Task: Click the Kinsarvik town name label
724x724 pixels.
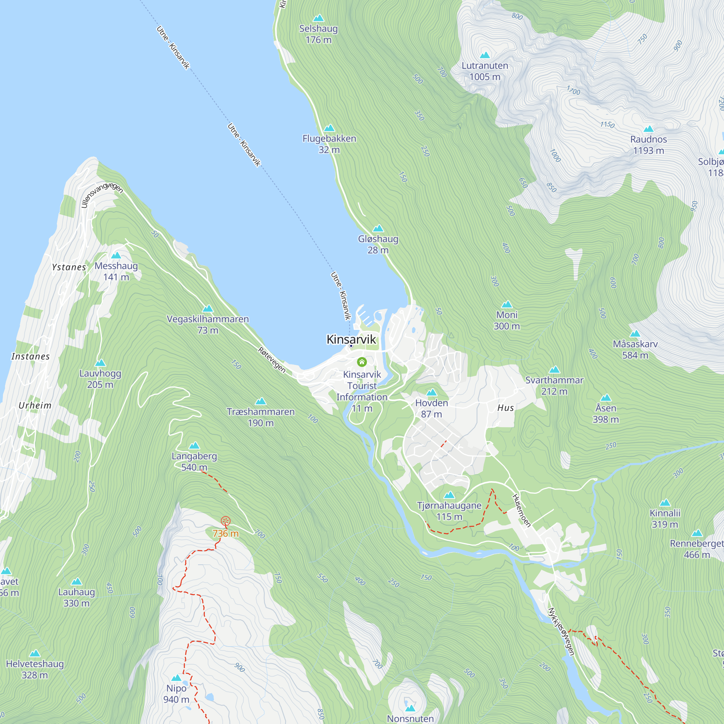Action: [x=351, y=339]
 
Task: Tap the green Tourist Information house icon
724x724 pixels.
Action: [x=362, y=362]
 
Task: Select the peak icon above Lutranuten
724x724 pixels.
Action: [x=485, y=55]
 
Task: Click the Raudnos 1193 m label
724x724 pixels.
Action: [x=648, y=145]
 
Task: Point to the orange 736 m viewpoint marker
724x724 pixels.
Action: [x=225, y=521]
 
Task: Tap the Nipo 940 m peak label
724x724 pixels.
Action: [x=176, y=694]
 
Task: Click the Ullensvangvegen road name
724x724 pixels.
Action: [x=102, y=194]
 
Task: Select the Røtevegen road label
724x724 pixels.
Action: [x=272, y=360]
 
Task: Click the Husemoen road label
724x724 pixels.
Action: [x=521, y=510]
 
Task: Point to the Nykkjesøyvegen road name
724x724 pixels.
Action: [x=561, y=632]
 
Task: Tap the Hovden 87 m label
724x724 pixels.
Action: [x=432, y=408]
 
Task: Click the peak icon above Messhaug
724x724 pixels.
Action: [x=116, y=256]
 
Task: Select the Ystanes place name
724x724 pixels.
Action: [x=68, y=267]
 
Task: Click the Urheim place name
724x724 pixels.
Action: [x=35, y=405]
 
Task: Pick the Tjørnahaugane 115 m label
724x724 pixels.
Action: [x=449, y=511]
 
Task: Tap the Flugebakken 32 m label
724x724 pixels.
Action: [x=329, y=144]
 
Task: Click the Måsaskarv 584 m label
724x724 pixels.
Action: [x=635, y=349]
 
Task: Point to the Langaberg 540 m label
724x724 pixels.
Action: [x=194, y=461]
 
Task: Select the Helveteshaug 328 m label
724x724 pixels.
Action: [x=35, y=669]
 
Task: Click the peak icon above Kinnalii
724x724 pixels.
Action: [x=665, y=502]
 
